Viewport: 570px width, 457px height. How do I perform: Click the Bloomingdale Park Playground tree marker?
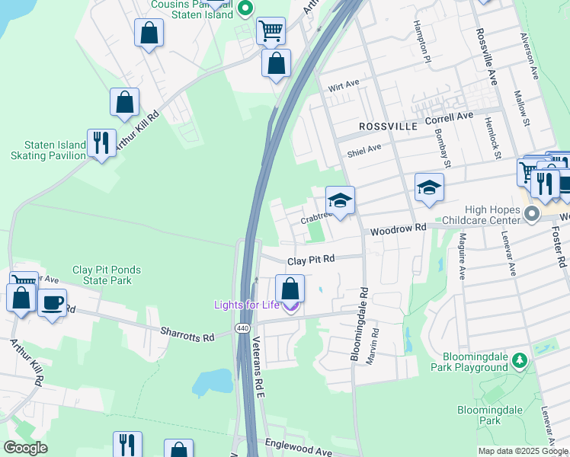[520, 359]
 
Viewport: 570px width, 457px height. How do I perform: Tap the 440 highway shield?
[242, 328]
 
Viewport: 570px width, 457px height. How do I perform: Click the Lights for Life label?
[247, 305]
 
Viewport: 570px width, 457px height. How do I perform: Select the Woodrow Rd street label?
[399, 229]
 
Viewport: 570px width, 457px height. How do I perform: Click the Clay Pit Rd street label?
[311, 260]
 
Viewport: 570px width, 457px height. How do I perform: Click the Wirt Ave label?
[343, 85]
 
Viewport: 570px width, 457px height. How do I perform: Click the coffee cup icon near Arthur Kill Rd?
[52, 302]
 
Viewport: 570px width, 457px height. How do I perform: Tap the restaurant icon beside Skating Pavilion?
[101, 142]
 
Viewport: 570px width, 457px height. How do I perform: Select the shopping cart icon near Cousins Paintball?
[271, 31]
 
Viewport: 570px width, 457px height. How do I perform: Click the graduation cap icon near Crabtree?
[340, 200]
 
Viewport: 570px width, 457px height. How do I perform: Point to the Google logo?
[25, 448]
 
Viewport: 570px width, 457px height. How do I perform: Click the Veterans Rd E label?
[258, 369]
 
